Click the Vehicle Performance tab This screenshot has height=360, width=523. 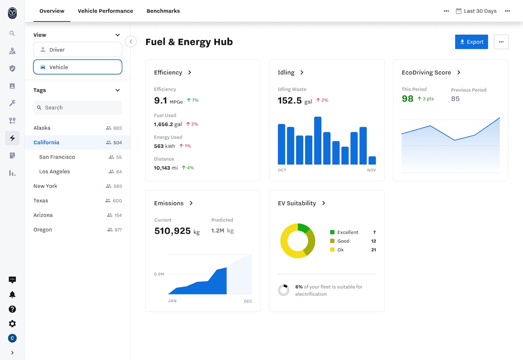105,11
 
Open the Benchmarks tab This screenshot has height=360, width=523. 163,11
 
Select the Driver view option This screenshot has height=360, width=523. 78,50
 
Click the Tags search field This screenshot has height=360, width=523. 78,108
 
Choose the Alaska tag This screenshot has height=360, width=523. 42,128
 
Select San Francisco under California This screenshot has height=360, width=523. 57,157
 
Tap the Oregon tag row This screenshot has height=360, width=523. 43,230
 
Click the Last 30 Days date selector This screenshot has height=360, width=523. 476,11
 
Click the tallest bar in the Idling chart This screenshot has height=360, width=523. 318,140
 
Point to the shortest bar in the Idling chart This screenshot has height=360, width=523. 372,160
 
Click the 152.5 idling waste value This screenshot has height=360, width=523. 290,101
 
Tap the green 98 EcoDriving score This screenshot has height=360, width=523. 408,99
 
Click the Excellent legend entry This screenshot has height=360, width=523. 347,232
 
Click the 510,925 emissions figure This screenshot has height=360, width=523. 172,231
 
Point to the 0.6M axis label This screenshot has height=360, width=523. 159,274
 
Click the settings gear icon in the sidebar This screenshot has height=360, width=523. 12,324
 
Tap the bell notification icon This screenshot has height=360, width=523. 12,295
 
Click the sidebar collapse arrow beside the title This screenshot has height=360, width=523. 131,41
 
